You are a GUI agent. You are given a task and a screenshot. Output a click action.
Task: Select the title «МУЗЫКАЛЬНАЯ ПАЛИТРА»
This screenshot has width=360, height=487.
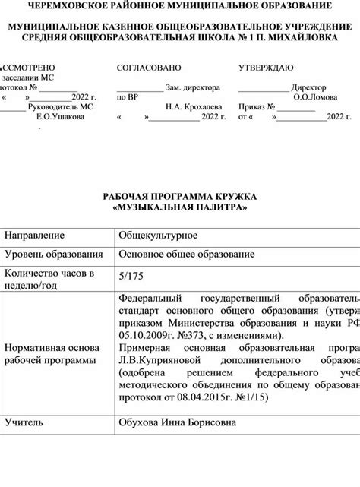[x=179, y=207]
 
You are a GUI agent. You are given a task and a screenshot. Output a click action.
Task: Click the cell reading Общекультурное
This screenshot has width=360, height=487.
[x=158, y=236]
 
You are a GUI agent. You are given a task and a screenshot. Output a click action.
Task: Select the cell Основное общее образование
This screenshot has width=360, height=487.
[x=186, y=255]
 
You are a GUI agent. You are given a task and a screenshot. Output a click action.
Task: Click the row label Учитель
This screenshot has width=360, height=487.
[x=24, y=422]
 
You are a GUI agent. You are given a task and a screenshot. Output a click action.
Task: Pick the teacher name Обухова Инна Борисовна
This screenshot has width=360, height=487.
[x=176, y=422]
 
